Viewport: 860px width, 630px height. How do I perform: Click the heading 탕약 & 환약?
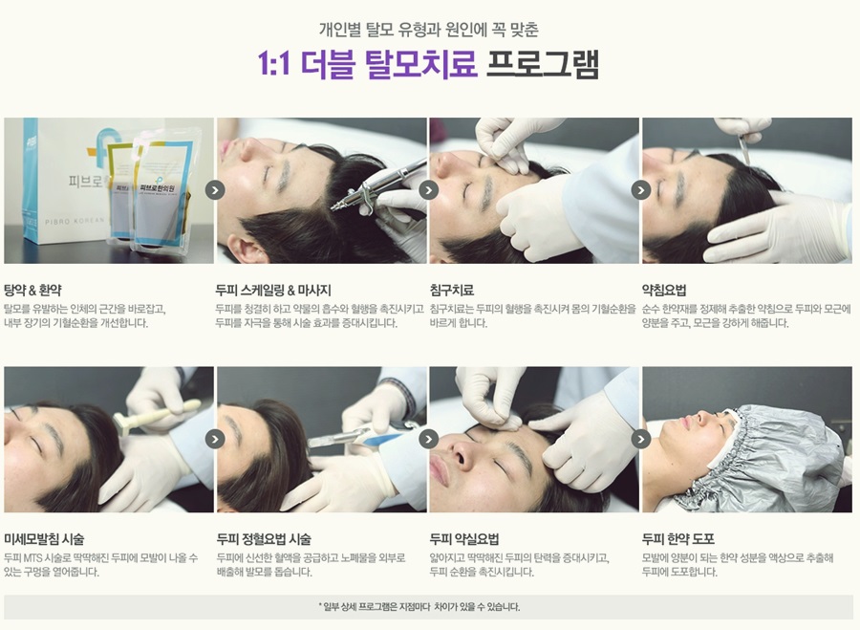click(32, 291)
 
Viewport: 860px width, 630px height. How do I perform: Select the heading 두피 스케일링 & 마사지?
click(273, 291)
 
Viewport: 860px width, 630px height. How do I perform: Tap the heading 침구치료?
click(451, 291)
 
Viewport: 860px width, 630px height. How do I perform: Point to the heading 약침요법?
click(664, 291)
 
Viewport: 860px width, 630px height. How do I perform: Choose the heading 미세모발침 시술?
click(44, 539)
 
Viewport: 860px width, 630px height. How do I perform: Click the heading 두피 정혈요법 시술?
click(264, 539)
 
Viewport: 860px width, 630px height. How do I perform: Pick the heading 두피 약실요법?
click(464, 539)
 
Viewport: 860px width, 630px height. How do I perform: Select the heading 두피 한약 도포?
click(677, 539)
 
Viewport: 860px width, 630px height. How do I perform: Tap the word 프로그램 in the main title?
click(543, 64)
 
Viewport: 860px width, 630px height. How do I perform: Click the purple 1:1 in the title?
click(273, 65)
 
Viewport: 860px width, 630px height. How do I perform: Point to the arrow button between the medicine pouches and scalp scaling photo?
click(215, 190)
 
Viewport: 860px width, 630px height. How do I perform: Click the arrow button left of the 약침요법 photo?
click(640, 190)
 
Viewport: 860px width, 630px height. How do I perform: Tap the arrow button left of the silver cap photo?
click(640, 439)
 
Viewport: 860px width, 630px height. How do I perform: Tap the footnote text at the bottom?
click(419, 606)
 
